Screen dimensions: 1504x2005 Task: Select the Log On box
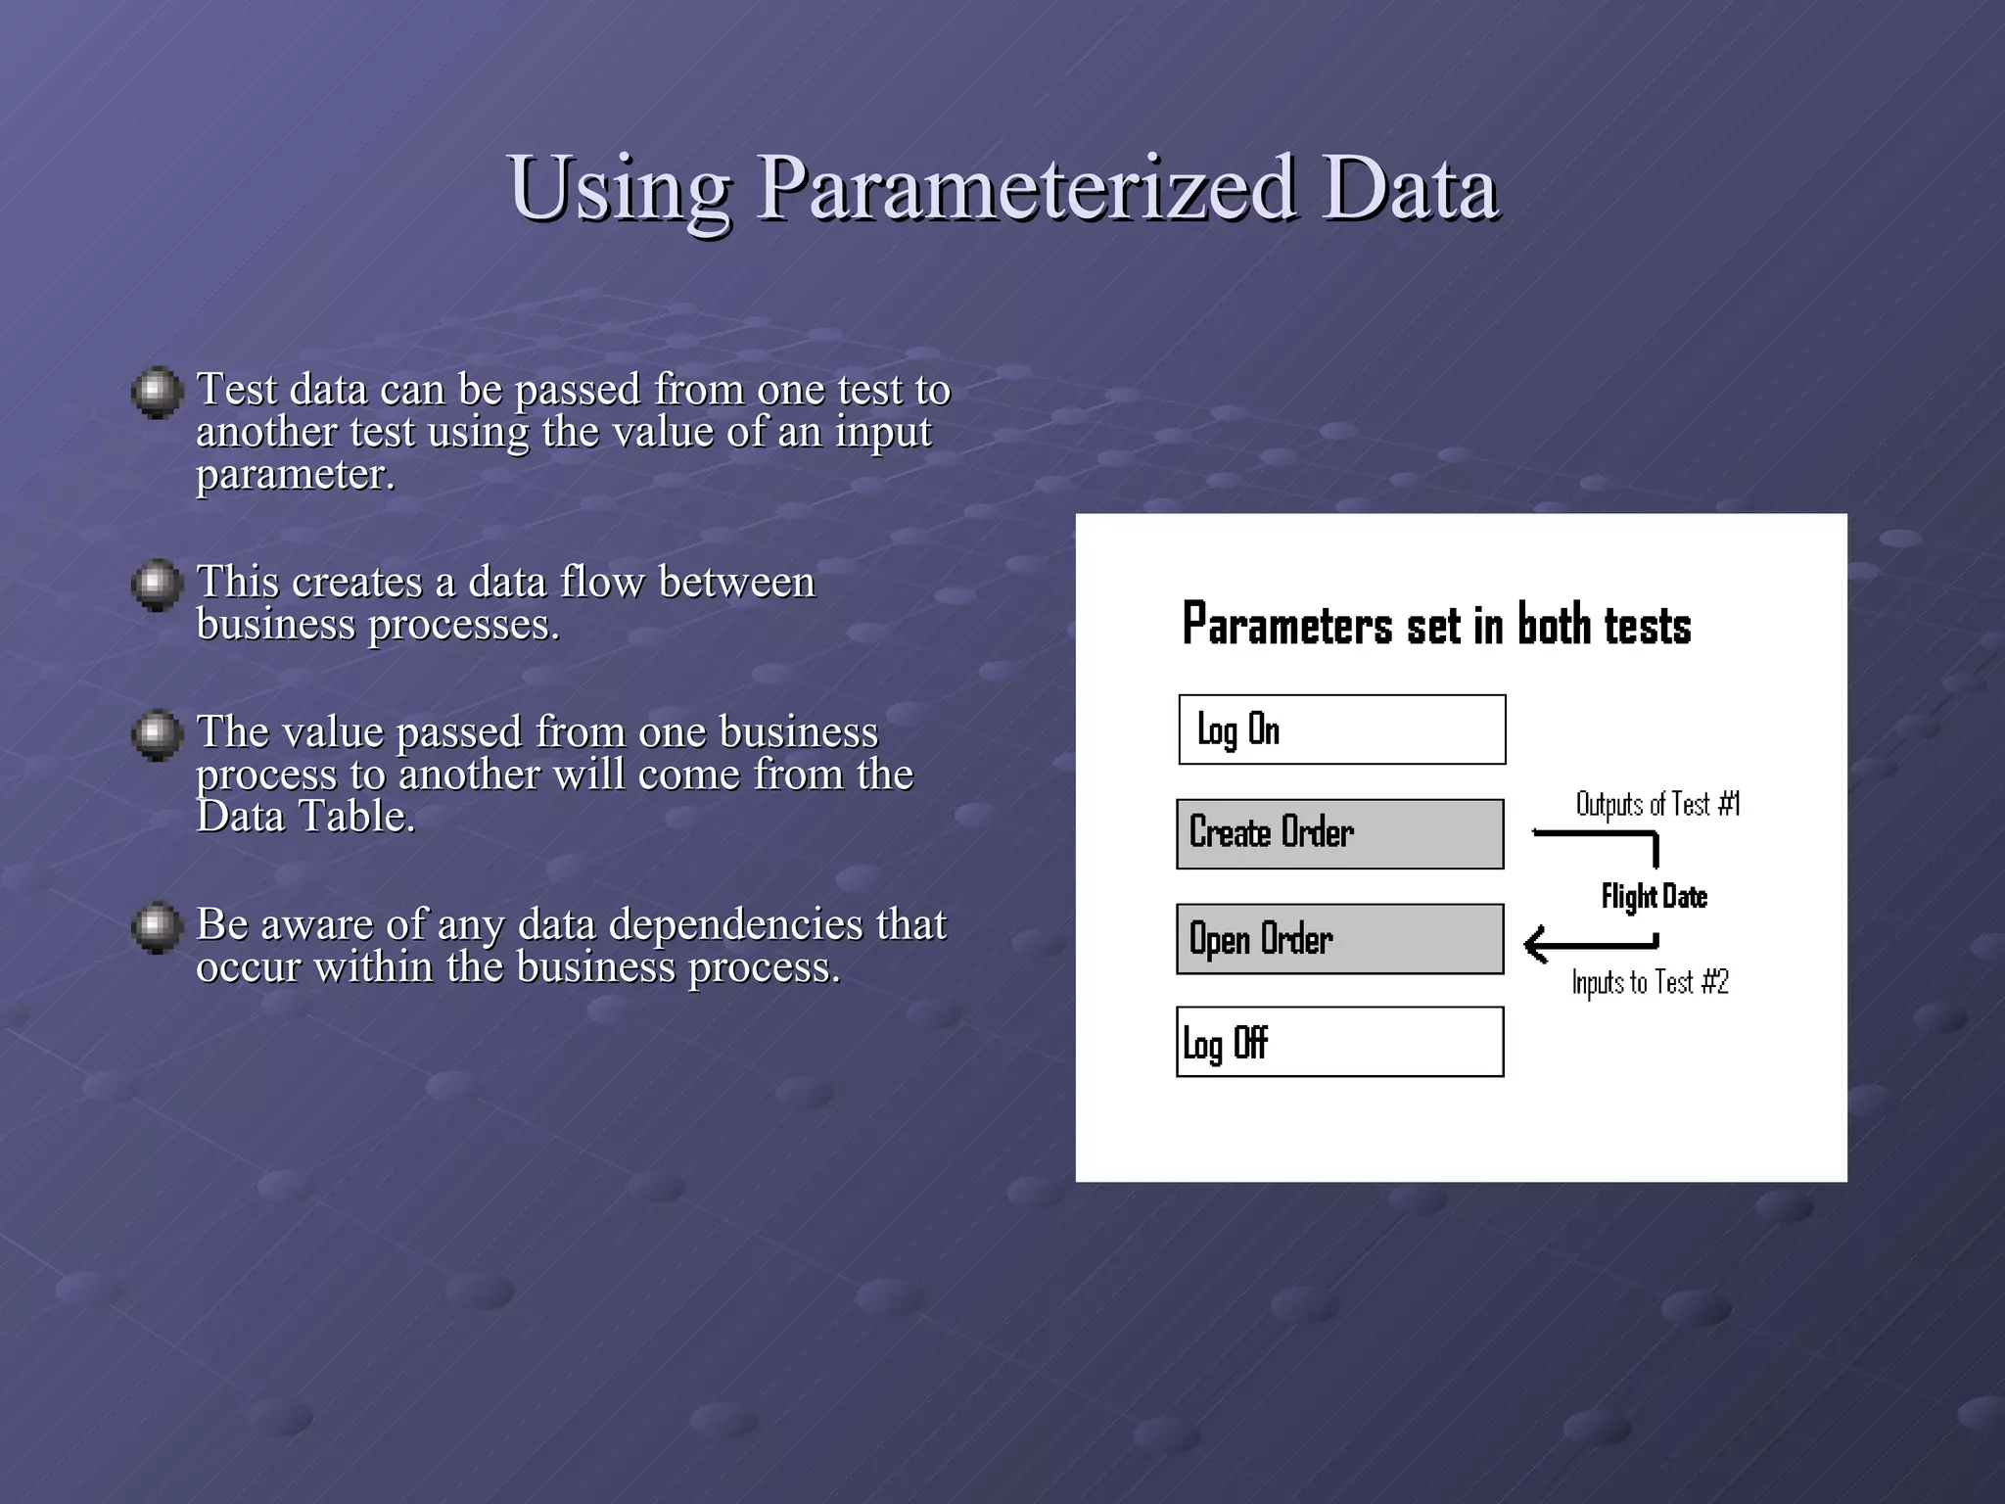tap(1341, 729)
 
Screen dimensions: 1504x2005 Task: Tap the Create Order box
tap(1339, 833)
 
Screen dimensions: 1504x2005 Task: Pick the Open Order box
tap(1339, 939)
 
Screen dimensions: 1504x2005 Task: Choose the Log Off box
tap(1339, 1042)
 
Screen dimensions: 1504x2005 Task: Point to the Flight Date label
tap(1654, 896)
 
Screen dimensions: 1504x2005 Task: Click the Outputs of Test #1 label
tap(1657, 804)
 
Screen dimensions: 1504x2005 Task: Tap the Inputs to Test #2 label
tap(1650, 981)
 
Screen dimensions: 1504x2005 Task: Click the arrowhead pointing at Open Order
tap(1536, 944)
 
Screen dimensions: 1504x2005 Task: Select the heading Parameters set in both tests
tap(1436, 625)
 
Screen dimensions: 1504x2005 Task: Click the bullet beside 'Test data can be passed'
tap(158, 393)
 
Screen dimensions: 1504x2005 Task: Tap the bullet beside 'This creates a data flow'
tap(158, 585)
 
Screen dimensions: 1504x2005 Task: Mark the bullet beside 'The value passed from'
tap(158, 734)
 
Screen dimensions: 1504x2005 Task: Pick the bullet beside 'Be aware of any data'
tap(158, 926)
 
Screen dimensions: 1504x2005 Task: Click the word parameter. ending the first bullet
tap(295, 475)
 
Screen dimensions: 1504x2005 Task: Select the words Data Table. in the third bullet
tap(305, 816)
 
